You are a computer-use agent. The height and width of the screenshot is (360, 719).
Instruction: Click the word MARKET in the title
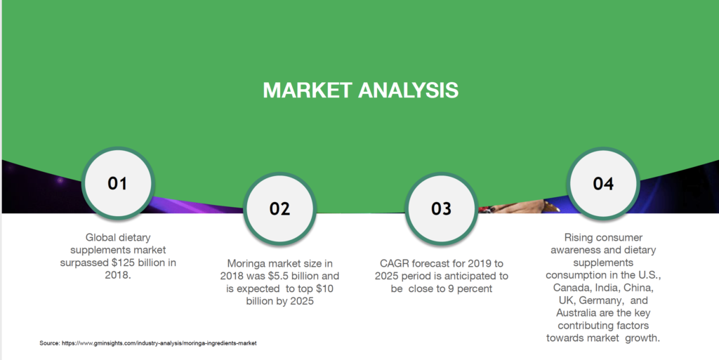308,91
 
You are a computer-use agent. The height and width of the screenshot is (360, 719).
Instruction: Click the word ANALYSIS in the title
408,91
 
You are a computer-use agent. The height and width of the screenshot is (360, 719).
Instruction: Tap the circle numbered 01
118,183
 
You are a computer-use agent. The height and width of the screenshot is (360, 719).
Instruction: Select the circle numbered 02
279,209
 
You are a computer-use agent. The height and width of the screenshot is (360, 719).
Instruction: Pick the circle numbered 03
442,209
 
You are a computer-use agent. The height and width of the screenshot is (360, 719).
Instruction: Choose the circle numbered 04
603,183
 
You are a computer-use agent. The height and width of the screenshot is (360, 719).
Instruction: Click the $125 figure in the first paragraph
125,263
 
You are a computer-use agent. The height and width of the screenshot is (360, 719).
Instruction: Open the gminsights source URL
159,343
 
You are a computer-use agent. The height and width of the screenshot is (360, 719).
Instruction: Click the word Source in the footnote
50,343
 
